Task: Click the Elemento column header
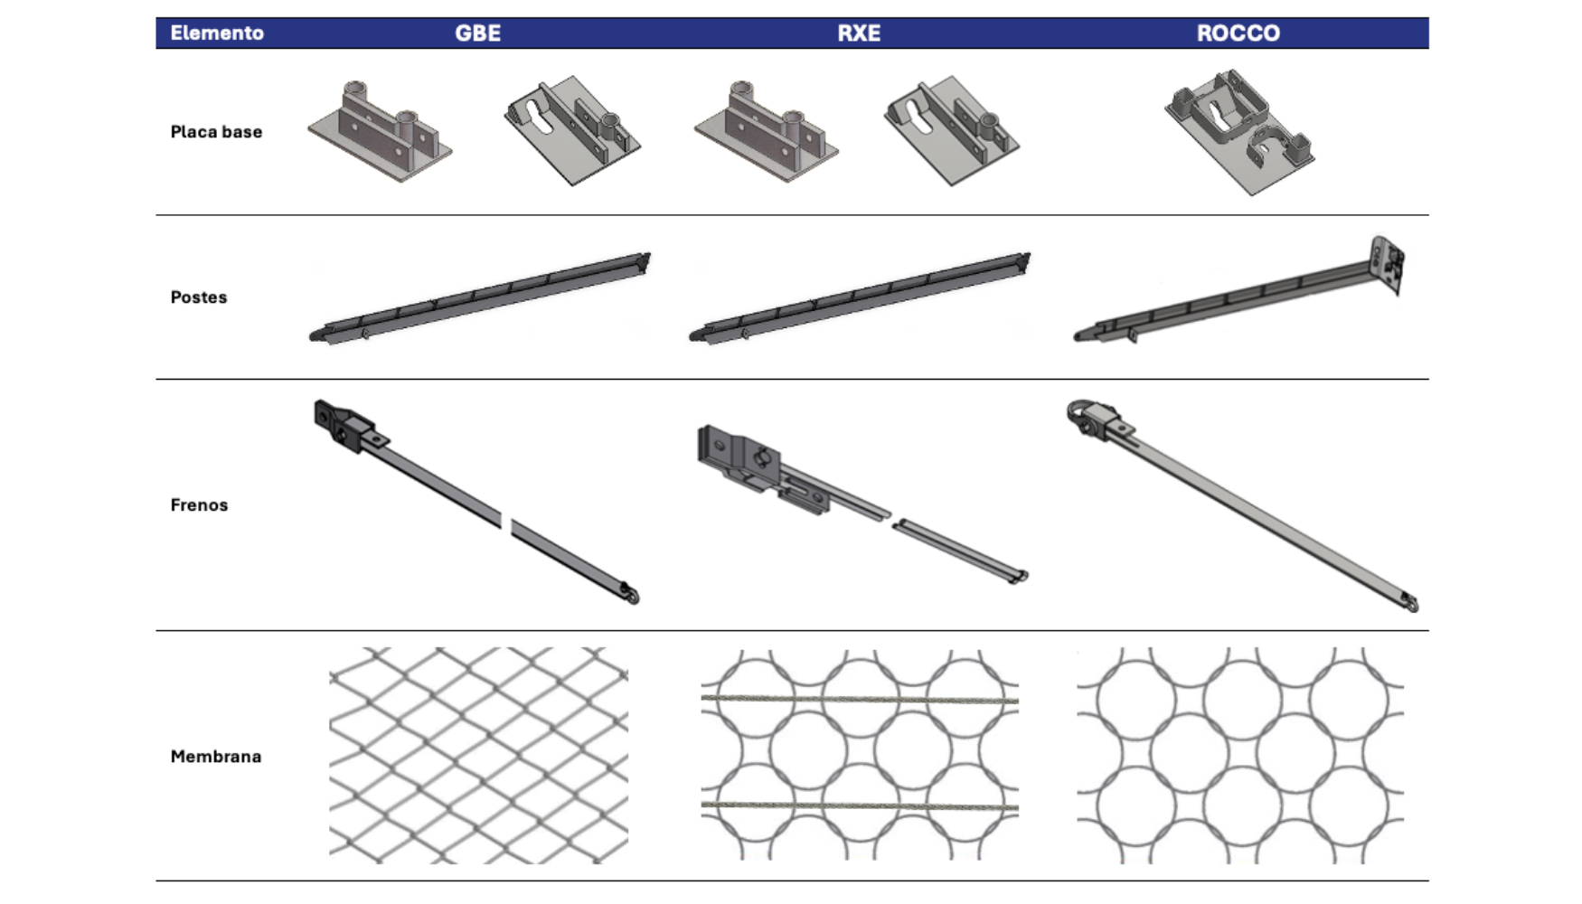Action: click(217, 33)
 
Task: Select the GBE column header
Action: click(477, 33)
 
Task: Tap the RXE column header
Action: click(859, 33)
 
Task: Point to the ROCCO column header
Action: click(1238, 33)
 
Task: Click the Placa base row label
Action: click(216, 132)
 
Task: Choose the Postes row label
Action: click(199, 297)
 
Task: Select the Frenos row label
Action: click(199, 505)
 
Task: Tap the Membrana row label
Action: click(216, 757)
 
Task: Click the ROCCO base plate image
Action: click(1239, 132)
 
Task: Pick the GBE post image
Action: click(480, 298)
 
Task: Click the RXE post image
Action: click(860, 298)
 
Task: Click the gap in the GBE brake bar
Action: click(506, 523)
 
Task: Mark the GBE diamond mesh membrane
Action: click(478, 755)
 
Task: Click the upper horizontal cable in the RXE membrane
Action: click(860, 700)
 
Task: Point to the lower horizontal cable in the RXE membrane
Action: click(860, 805)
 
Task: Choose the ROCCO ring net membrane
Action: click(1240, 755)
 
